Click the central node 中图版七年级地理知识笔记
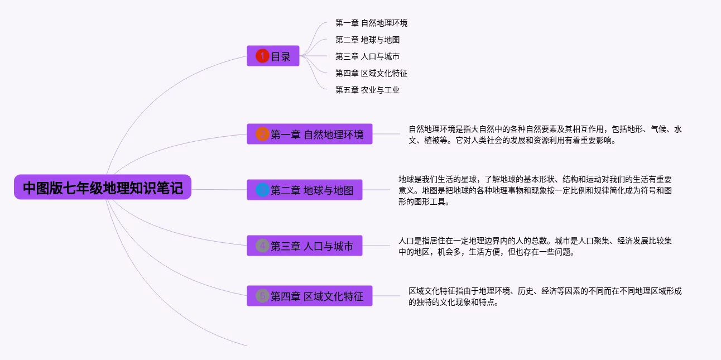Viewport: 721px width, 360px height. (x=103, y=188)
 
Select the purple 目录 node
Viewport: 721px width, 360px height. (x=281, y=56)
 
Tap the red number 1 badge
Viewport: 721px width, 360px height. (x=262, y=56)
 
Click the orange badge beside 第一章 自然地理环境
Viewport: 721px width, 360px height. (x=262, y=134)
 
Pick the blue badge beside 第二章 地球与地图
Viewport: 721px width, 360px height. (x=262, y=190)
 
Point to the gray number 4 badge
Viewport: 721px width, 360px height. (x=262, y=246)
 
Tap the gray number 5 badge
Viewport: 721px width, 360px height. (x=262, y=296)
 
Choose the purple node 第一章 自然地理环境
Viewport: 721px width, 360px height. (x=317, y=134)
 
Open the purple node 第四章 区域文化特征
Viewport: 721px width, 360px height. (x=317, y=296)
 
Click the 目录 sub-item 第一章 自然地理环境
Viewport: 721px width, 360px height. (x=371, y=23)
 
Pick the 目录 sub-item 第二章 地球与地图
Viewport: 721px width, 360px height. (x=367, y=40)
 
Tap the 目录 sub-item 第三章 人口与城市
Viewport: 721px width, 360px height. (x=367, y=56)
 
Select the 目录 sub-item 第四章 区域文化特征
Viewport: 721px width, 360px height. (x=371, y=73)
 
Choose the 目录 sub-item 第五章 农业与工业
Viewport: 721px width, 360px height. (x=367, y=90)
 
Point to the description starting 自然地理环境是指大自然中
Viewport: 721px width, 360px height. (x=545, y=135)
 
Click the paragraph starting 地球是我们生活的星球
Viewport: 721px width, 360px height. (x=535, y=190)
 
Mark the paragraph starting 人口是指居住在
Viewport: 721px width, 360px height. (x=535, y=246)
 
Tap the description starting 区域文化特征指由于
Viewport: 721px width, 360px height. (x=545, y=296)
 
